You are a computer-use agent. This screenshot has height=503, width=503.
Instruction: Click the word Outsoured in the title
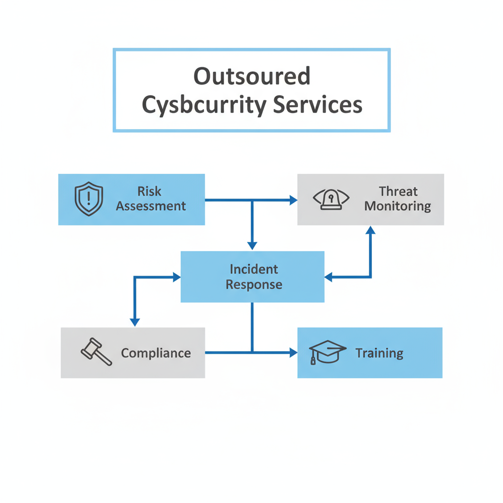[x=251, y=76]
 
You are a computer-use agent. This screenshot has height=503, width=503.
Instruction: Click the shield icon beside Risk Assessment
[x=89, y=199]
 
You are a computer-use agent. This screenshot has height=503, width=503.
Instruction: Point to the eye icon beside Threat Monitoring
[x=331, y=199]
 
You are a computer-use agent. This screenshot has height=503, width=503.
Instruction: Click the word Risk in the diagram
[x=150, y=191]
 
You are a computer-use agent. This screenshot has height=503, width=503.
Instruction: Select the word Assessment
[x=151, y=206]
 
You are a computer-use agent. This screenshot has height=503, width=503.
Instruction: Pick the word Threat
[x=398, y=191]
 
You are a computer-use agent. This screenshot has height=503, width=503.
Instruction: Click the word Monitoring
[x=398, y=206]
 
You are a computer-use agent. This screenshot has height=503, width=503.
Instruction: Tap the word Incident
[x=253, y=269]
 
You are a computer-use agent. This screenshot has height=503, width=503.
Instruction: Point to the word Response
[x=253, y=284]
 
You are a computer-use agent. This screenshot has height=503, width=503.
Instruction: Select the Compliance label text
[x=156, y=353]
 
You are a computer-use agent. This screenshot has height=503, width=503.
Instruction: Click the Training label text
[x=379, y=353]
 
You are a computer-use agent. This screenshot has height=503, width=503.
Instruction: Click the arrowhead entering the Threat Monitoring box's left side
[x=294, y=200]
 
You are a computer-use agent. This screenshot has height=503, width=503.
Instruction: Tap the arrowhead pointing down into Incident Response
[x=252, y=246]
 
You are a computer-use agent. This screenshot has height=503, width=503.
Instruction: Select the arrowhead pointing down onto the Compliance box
[x=135, y=322]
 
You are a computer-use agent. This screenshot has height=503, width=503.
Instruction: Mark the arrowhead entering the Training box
[x=294, y=352]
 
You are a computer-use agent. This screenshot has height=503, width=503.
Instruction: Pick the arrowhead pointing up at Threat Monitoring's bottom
[x=371, y=230]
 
